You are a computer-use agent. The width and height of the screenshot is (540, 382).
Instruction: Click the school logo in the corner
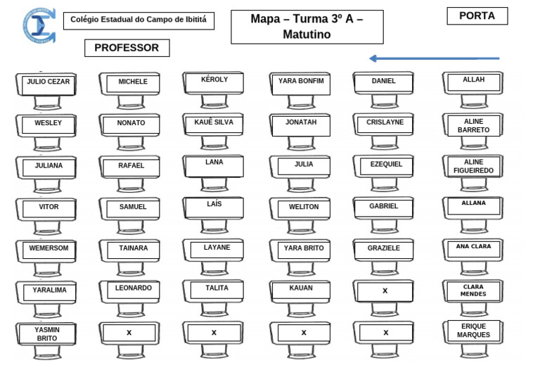click(38, 25)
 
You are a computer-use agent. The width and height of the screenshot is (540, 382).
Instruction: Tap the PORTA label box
click(477, 16)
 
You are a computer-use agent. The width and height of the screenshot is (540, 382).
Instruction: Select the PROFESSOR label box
click(127, 48)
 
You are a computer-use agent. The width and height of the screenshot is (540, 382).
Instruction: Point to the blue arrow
click(434, 58)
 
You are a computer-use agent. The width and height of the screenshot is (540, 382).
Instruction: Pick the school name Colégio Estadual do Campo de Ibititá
click(139, 20)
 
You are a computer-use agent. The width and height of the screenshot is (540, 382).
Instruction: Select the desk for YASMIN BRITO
click(48, 334)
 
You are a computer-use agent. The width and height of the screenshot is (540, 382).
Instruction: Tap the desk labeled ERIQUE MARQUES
click(473, 331)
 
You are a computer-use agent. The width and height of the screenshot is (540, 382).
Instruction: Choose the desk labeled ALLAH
click(473, 82)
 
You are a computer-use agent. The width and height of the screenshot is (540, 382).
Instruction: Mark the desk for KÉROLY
click(214, 82)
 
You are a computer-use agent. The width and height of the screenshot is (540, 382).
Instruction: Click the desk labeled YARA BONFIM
click(301, 84)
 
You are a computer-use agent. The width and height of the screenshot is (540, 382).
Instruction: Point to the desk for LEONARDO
click(133, 291)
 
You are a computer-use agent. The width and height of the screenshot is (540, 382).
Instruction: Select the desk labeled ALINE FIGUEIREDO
click(473, 167)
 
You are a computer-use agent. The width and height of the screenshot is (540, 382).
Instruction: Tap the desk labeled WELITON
click(303, 208)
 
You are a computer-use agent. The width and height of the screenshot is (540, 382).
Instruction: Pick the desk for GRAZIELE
click(384, 250)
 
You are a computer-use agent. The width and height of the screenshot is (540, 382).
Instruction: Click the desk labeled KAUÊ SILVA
click(214, 125)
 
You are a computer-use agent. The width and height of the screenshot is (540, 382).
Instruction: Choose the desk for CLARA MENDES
click(473, 291)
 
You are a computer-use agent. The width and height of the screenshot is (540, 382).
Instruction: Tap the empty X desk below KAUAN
click(304, 333)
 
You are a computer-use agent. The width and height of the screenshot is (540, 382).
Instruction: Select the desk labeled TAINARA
click(133, 250)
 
